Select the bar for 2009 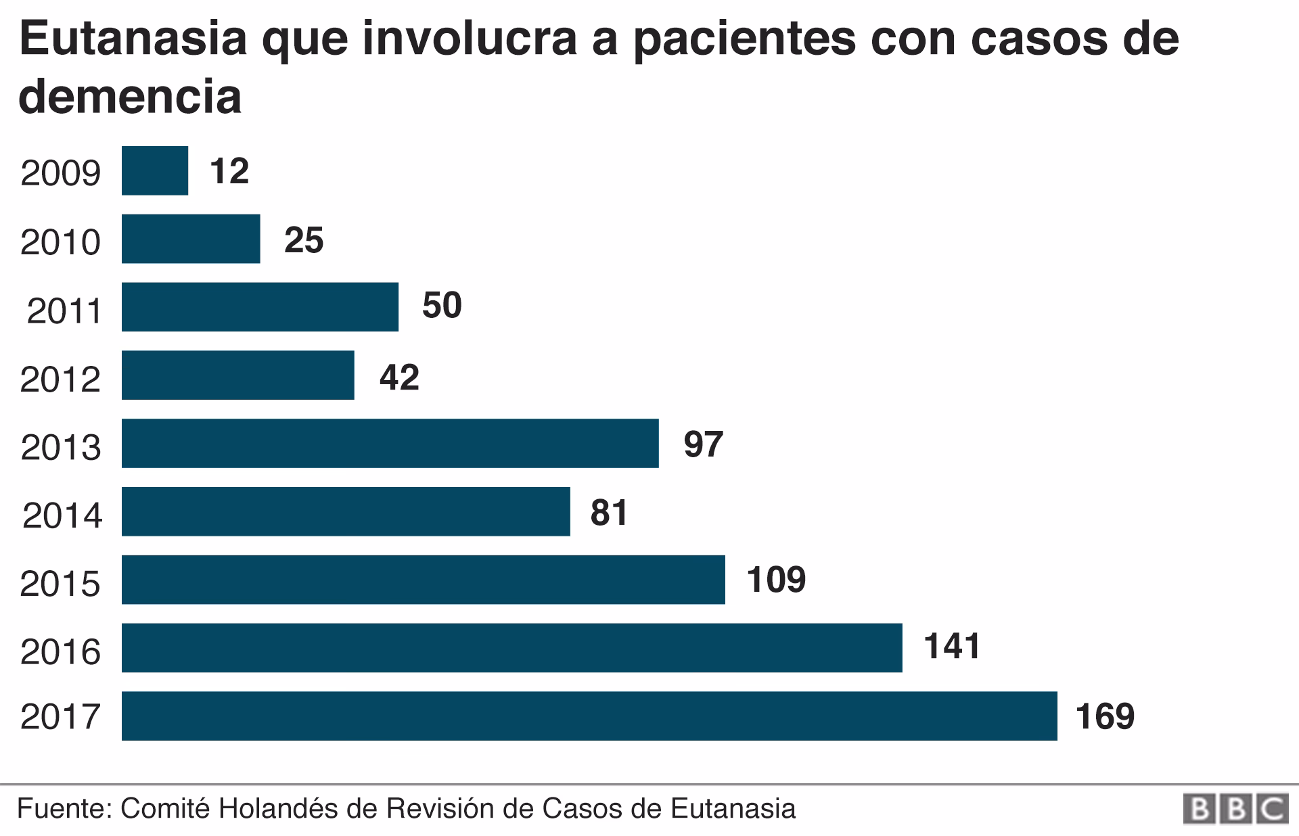coord(155,170)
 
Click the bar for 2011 coord(260,307)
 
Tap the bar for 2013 coord(390,443)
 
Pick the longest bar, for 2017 coord(589,716)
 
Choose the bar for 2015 coord(423,580)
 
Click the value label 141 coord(952,646)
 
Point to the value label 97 coord(703,444)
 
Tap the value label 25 coord(304,240)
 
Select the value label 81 coord(609,512)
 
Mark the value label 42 coord(399,377)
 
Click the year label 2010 coord(61,242)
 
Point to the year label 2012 coord(61,379)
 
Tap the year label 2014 coord(62,515)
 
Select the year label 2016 coord(61,652)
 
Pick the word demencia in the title coord(130,96)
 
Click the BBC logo coord(1235,809)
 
